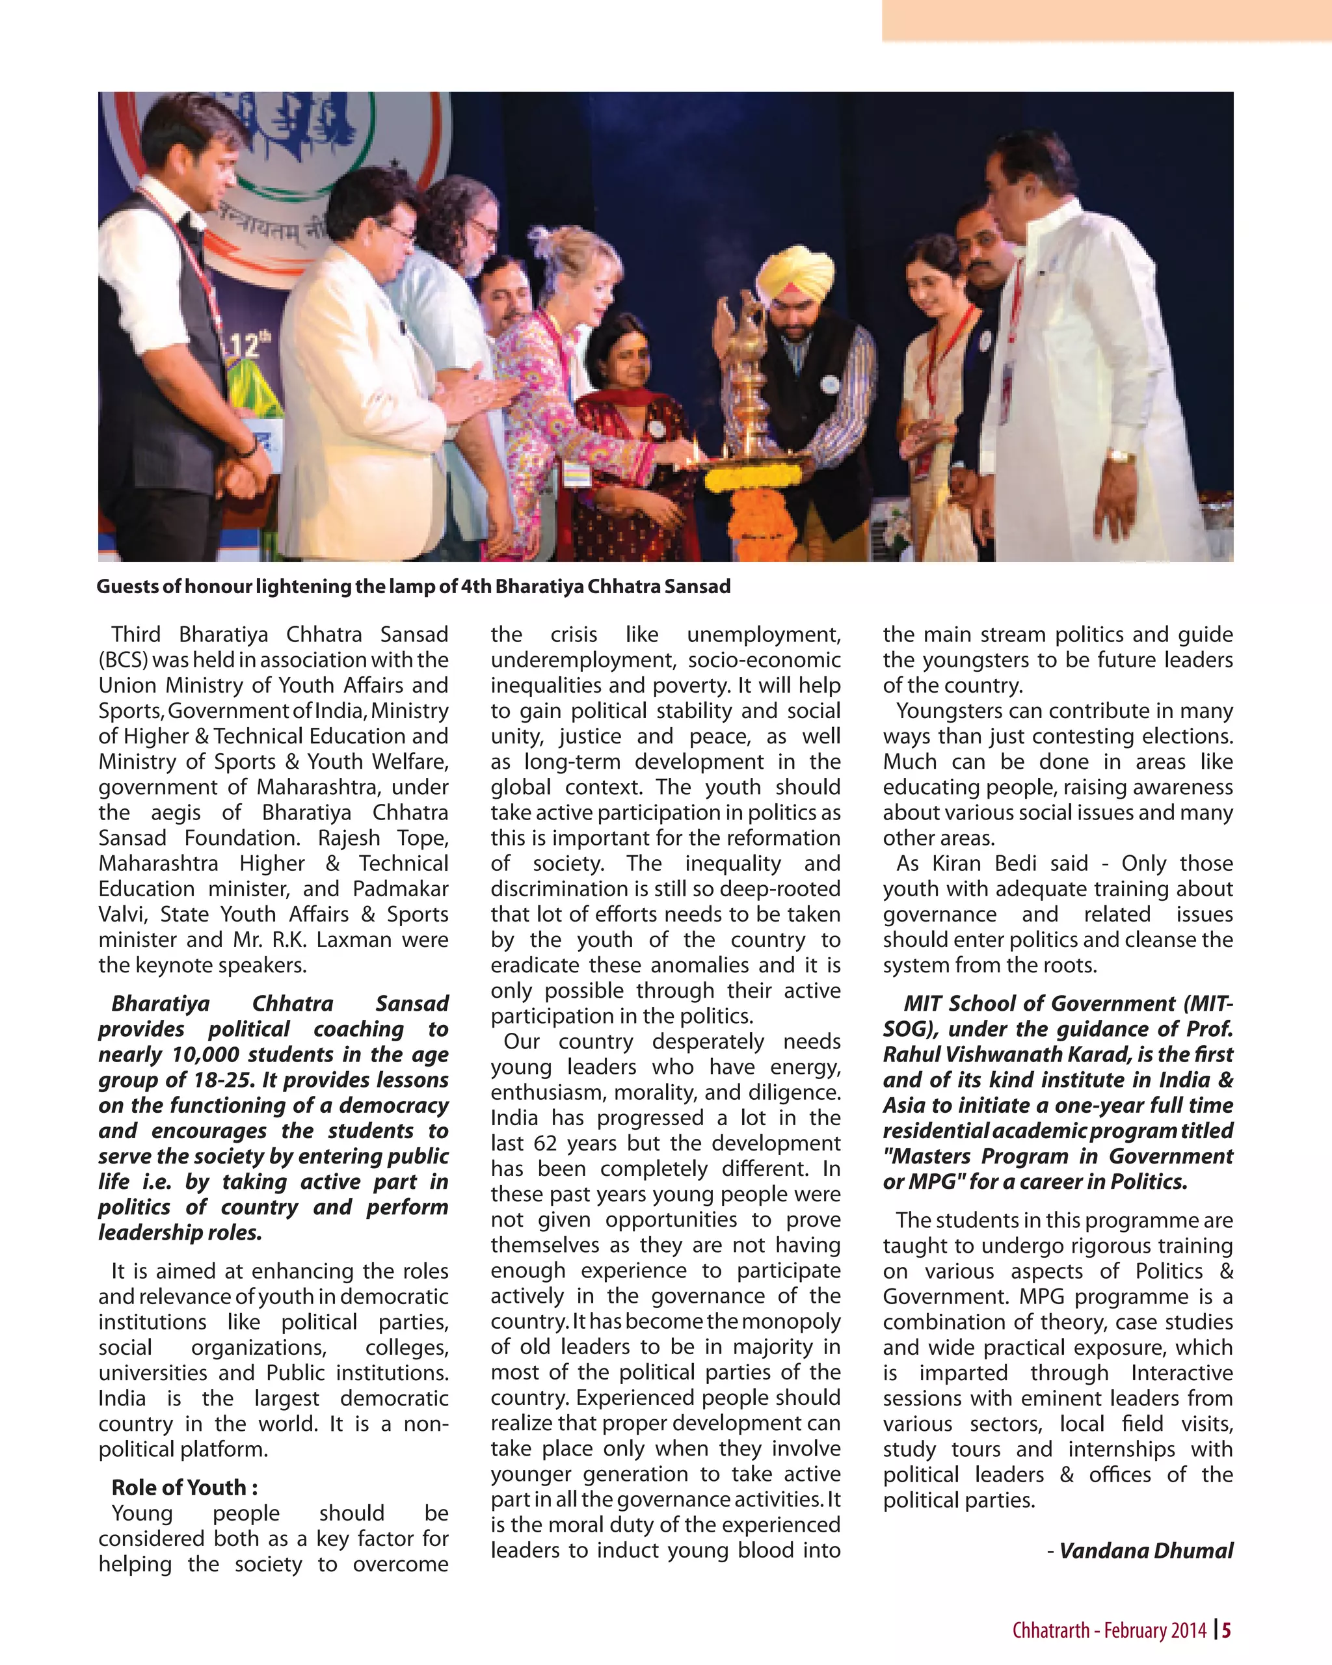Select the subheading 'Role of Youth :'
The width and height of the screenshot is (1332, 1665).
(x=185, y=1487)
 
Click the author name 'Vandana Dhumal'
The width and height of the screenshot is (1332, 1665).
(x=1146, y=1550)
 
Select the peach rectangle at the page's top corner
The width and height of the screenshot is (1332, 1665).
(x=1106, y=20)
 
